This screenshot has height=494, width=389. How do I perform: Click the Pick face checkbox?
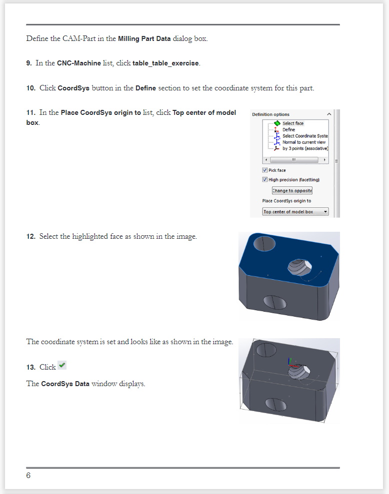[x=265, y=170]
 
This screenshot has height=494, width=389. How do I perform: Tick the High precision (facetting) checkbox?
[x=265, y=180]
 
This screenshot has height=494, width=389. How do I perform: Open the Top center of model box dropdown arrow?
[x=325, y=212]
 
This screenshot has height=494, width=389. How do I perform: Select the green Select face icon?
[x=277, y=123]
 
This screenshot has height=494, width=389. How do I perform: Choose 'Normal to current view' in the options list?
[x=303, y=142]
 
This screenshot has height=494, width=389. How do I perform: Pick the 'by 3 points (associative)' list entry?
[x=304, y=148]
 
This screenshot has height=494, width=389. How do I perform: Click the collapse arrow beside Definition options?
[x=328, y=114]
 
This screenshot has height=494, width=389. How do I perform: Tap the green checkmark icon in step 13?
[x=62, y=366]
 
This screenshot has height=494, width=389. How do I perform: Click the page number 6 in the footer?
[x=28, y=476]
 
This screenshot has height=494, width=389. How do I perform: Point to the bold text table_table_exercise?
[x=165, y=63]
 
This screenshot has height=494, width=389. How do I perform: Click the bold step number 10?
[x=30, y=88]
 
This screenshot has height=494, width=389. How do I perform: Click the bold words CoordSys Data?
[x=65, y=384]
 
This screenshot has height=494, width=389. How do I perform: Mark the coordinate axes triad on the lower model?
[x=291, y=364]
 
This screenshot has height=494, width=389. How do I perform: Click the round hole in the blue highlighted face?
[x=265, y=244]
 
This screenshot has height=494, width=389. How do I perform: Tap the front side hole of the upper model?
[x=274, y=302]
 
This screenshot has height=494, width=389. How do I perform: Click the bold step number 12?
[x=30, y=237]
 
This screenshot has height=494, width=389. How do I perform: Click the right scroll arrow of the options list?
[x=325, y=160]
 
